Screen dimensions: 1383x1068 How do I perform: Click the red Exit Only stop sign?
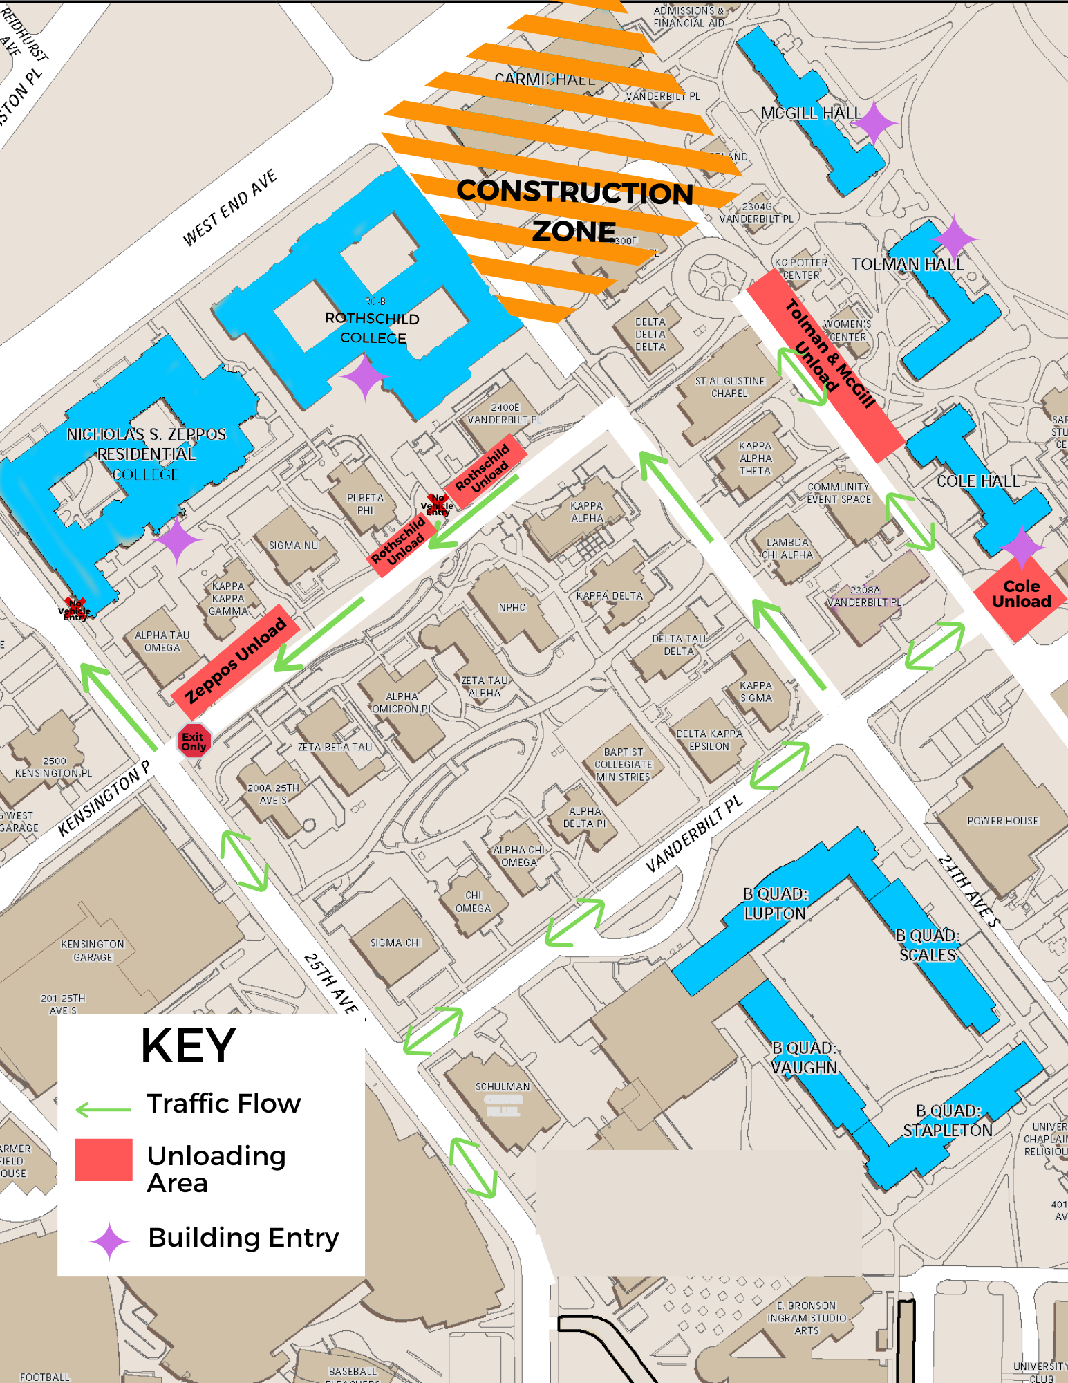click(194, 741)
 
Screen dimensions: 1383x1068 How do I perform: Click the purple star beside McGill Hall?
click(873, 123)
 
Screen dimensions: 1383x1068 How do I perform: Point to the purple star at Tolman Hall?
click(954, 238)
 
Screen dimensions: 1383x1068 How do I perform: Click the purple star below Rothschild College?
click(364, 377)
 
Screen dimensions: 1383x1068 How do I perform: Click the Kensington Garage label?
click(93, 950)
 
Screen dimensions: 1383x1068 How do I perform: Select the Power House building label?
click(1002, 821)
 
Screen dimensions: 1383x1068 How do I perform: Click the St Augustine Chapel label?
click(730, 387)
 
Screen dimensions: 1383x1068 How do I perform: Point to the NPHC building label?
click(512, 607)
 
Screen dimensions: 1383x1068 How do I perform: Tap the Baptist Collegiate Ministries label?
click(623, 764)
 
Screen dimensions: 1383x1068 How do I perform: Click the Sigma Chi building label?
click(395, 943)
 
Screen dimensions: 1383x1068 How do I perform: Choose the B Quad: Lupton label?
click(775, 904)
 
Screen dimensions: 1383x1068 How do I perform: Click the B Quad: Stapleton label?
click(948, 1120)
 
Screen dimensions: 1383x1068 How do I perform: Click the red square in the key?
click(104, 1160)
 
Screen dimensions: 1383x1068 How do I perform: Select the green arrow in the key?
click(103, 1110)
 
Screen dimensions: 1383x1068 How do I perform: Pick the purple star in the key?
click(109, 1242)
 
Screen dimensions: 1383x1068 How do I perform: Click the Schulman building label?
click(503, 1086)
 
